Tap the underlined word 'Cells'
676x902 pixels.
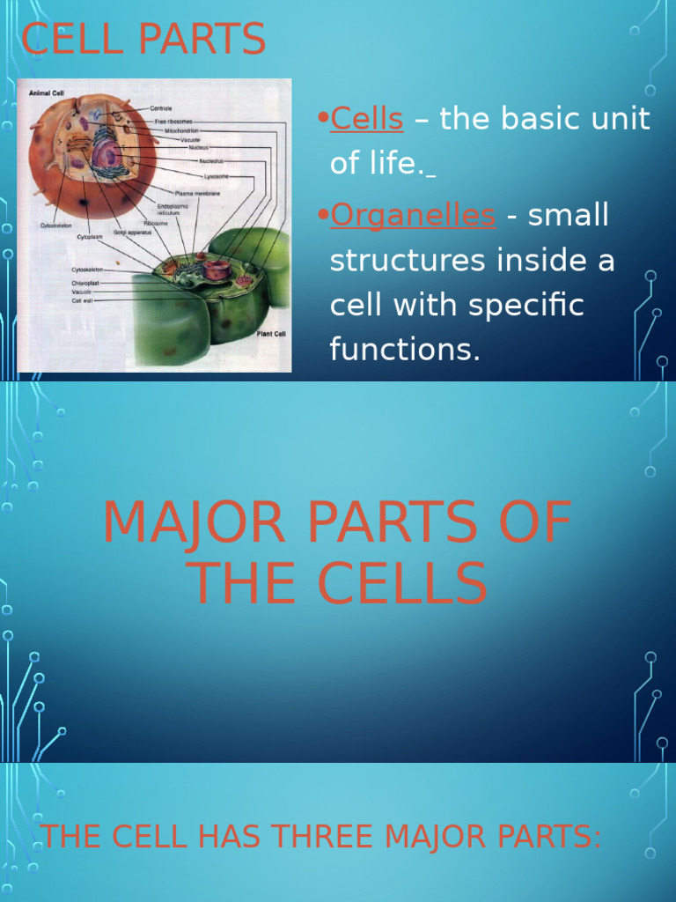pyautogui.click(x=366, y=119)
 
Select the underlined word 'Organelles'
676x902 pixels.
pyautogui.click(x=412, y=216)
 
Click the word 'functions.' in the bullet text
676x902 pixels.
pyautogui.click(x=405, y=350)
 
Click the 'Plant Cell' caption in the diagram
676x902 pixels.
pyautogui.click(x=269, y=334)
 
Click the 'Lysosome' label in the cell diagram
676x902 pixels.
pyautogui.click(x=217, y=175)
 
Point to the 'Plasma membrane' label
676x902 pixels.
pyautogui.click(x=197, y=193)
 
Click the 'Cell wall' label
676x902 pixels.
pyautogui.click(x=83, y=300)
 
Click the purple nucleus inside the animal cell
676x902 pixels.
pyautogui.click(x=107, y=154)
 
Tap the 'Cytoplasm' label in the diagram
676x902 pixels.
pyautogui.click(x=91, y=236)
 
